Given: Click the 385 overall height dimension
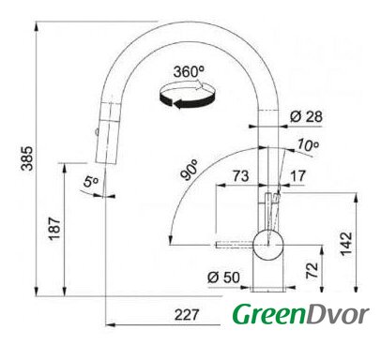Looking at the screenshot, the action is click(x=27, y=158).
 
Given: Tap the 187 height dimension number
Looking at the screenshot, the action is click(x=54, y=229).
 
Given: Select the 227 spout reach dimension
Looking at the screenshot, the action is click(x=187, y=315).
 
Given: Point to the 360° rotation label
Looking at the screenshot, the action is click(x=189, y=72).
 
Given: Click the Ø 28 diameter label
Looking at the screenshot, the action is click(x=306, y=116).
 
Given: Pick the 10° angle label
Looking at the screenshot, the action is click(x=308, y=144).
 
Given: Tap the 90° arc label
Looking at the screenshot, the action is click(x=190, y=170).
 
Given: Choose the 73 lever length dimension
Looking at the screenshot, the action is click(x=240, y=176).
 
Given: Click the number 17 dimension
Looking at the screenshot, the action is click(x=297, y=176).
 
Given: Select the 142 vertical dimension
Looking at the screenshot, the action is click(x=346, y=244).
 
